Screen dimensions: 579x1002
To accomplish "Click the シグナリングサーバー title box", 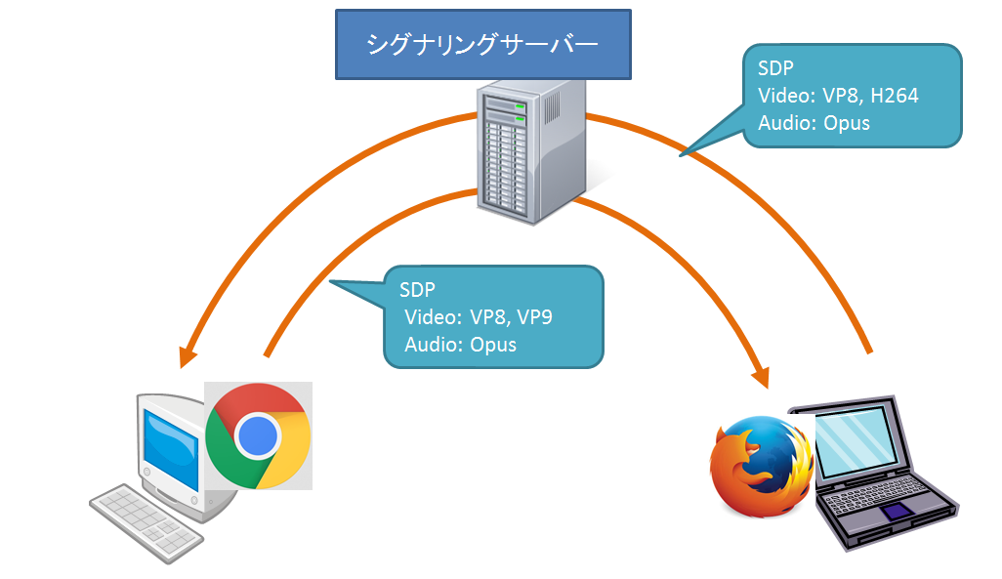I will coord(481,44).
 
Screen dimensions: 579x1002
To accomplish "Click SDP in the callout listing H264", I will coord(775,68).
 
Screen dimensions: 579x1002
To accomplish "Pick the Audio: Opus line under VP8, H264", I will coord(814,123).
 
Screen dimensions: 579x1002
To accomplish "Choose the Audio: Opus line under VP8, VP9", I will coord(460,345).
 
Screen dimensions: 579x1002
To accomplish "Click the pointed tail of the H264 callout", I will coord(684,153).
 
